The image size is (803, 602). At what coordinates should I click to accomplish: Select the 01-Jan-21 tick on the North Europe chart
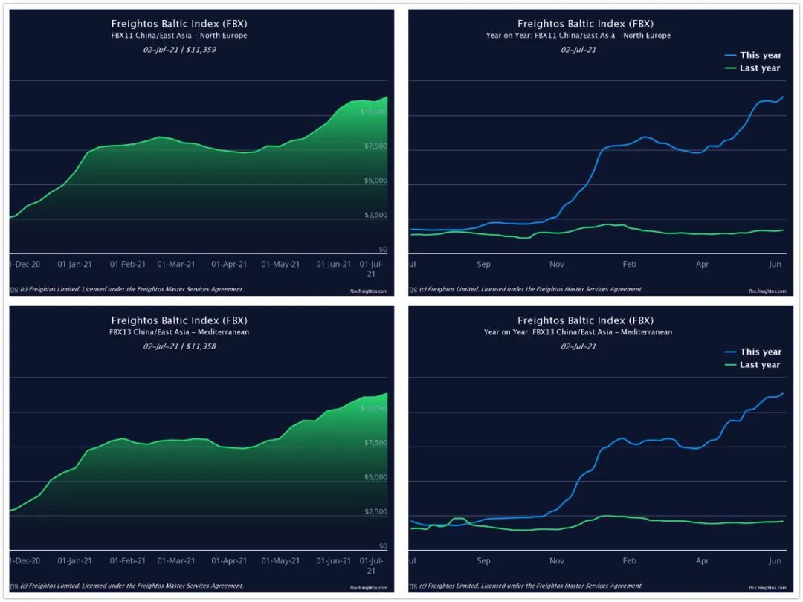point(75,264)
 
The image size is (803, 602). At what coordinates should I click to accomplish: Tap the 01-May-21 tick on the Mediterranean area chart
point(282,560)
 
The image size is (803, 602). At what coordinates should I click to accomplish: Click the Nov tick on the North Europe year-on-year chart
point(557,264)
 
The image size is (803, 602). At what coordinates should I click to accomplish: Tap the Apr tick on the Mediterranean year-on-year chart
point(703,560)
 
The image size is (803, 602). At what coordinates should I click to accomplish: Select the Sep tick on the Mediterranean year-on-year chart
point(484,560)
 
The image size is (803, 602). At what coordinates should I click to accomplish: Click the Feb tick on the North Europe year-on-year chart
point(630,264)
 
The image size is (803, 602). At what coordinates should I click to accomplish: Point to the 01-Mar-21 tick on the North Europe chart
point(176,264)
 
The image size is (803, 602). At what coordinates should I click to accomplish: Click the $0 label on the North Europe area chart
point(383,250)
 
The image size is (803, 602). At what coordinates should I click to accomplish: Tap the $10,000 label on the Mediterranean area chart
point(373,409)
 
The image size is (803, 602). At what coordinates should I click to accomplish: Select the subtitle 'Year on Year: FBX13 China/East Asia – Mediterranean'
point(578,332)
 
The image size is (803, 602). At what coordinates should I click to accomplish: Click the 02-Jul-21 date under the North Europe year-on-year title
point(578,50)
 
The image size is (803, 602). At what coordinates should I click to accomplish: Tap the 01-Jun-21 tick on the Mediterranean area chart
point(334,560)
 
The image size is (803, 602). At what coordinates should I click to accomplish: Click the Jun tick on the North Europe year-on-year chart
point(774,264)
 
